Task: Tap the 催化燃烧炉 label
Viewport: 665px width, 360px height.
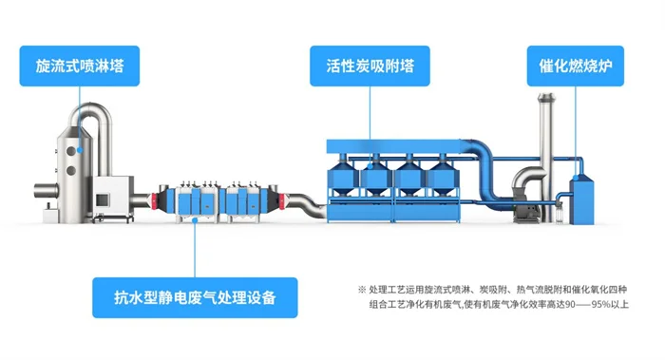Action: click(576, 67)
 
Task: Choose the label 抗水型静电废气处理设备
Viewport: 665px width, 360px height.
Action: click(195, 298)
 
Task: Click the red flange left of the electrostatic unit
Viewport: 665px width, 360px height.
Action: click(152, 200)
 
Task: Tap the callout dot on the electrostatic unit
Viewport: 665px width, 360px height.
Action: click(195, 219)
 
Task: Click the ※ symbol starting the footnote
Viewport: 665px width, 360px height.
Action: click(361, 289)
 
